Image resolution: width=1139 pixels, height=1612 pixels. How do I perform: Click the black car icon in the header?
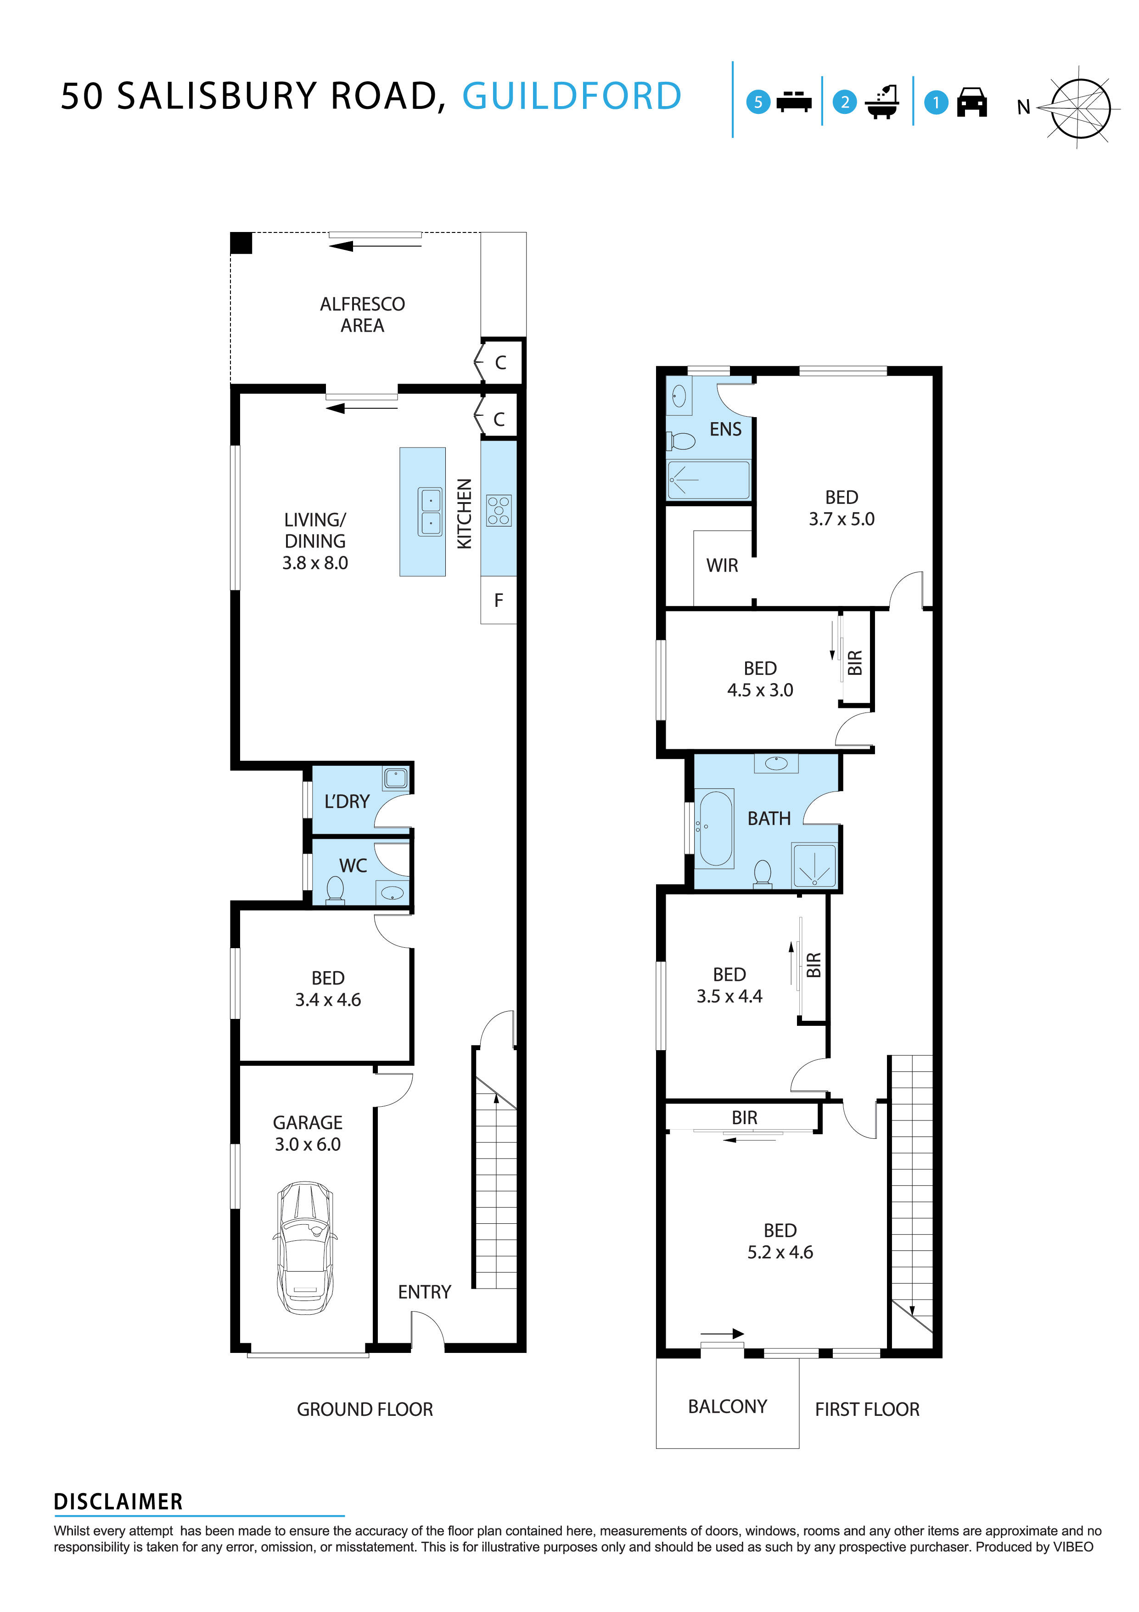(972, 102)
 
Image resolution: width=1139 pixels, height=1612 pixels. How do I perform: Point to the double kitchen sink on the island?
(430, 512)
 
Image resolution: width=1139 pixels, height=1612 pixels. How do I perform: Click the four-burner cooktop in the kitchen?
(499, 510)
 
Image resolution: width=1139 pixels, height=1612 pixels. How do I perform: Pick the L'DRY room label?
(347, 801)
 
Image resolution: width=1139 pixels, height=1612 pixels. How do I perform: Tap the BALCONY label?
(727, 1406)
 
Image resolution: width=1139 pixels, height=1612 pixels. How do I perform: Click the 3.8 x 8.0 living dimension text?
(315, 563)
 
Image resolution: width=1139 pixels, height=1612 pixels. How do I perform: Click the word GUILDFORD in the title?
(571, 96)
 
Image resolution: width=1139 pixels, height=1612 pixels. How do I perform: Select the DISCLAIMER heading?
(118, 1502)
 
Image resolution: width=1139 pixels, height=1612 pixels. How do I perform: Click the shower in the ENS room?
(707, 480)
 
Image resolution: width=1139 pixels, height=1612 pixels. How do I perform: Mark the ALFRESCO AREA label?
(362, 315)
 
